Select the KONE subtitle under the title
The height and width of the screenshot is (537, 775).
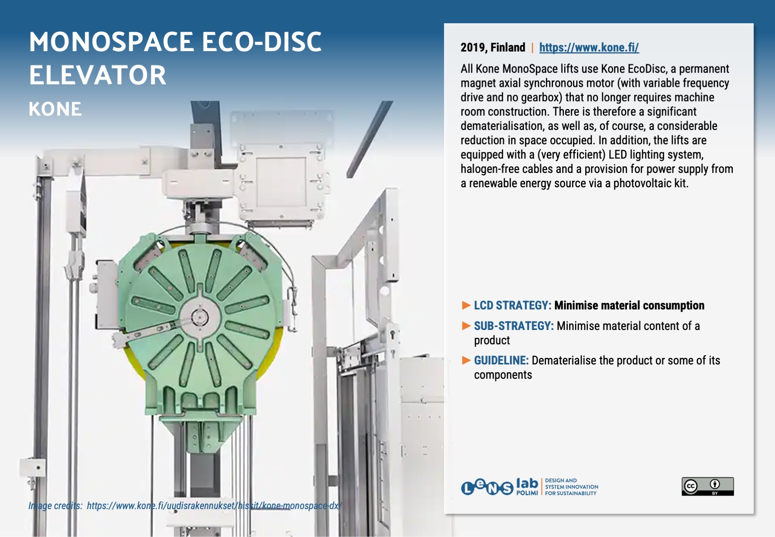[x=55, y=109]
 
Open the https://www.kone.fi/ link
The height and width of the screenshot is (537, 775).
[x=589, y=48]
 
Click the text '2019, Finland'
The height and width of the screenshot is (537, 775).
[x=493, y=48]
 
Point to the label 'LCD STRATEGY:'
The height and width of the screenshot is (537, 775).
[x=513, y=306]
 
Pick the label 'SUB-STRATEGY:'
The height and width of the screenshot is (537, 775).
[x=514, y=326]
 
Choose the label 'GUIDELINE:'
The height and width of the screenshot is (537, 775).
[x=501, y=361]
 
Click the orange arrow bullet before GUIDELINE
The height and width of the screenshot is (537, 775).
[x=466, y=361]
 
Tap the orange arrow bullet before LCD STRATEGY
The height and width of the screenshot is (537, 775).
[x=466, y=306]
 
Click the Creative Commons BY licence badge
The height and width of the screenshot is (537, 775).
[x=708, y=486]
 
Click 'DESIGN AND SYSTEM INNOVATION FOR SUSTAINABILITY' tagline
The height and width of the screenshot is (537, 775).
[x=572, y=487]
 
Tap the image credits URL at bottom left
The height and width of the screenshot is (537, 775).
[x=214, y=506]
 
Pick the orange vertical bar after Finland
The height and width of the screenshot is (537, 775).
[x=532, y=48]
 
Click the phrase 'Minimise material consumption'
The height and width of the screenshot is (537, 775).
[x=629, y=306]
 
